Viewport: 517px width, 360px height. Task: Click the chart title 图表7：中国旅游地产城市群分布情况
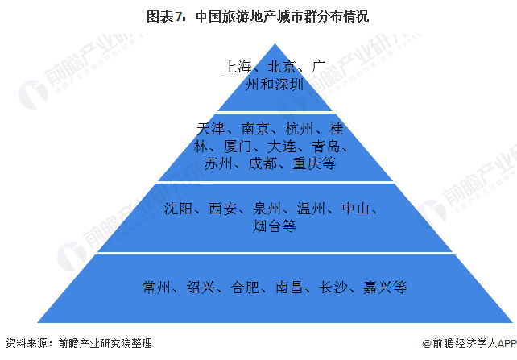(x=258, y=16)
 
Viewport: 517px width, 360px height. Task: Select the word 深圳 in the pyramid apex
(x=289, y=85)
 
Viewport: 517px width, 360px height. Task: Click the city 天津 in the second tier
(x=211, y=129)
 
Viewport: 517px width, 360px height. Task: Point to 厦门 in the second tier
(x=238, y=146)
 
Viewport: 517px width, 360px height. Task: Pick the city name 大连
(x=282, y=146)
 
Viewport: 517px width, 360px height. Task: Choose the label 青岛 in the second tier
(x=326, y=146)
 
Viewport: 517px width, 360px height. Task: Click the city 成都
(x=263, y=163)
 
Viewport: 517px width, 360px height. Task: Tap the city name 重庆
(x=307, y=163)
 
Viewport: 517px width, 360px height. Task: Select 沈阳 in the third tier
(x=178, y=209)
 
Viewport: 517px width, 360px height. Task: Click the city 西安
(x=222, y=209)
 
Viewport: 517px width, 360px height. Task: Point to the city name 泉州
(x=267, y=209)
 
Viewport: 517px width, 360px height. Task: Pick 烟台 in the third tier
(x=267, y=226)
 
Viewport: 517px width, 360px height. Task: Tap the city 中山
(x=356, y=209)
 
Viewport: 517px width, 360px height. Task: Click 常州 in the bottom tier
(x=156, y=288)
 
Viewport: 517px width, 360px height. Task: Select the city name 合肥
(x=245, y=288)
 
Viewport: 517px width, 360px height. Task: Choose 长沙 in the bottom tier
(x=333, y=288)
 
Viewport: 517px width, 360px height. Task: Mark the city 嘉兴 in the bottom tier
(x=378, y=288)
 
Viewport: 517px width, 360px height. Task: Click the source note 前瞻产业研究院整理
(x=105, y=343)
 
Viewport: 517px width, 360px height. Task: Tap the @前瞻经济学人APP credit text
(x=469, y=343)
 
